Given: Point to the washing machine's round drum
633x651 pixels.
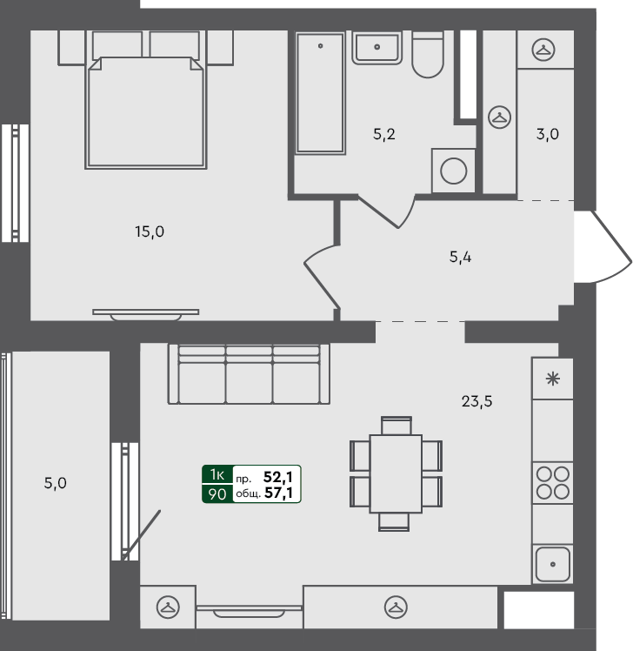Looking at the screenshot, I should [453, 170].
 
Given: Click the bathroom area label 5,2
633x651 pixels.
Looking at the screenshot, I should [385, 135].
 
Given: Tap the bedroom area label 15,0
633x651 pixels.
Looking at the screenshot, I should [150, 232].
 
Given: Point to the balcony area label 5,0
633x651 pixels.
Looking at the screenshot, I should [55, 482].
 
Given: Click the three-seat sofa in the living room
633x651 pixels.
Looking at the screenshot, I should [250, 375].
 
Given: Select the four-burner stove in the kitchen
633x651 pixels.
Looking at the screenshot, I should [552, 482].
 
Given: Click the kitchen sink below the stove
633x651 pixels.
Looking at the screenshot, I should [552, 563].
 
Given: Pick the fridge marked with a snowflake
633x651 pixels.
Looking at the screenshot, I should [552, 379].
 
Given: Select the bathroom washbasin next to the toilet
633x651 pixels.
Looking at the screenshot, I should [376, 47].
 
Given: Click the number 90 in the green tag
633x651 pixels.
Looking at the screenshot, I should [217, 494].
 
